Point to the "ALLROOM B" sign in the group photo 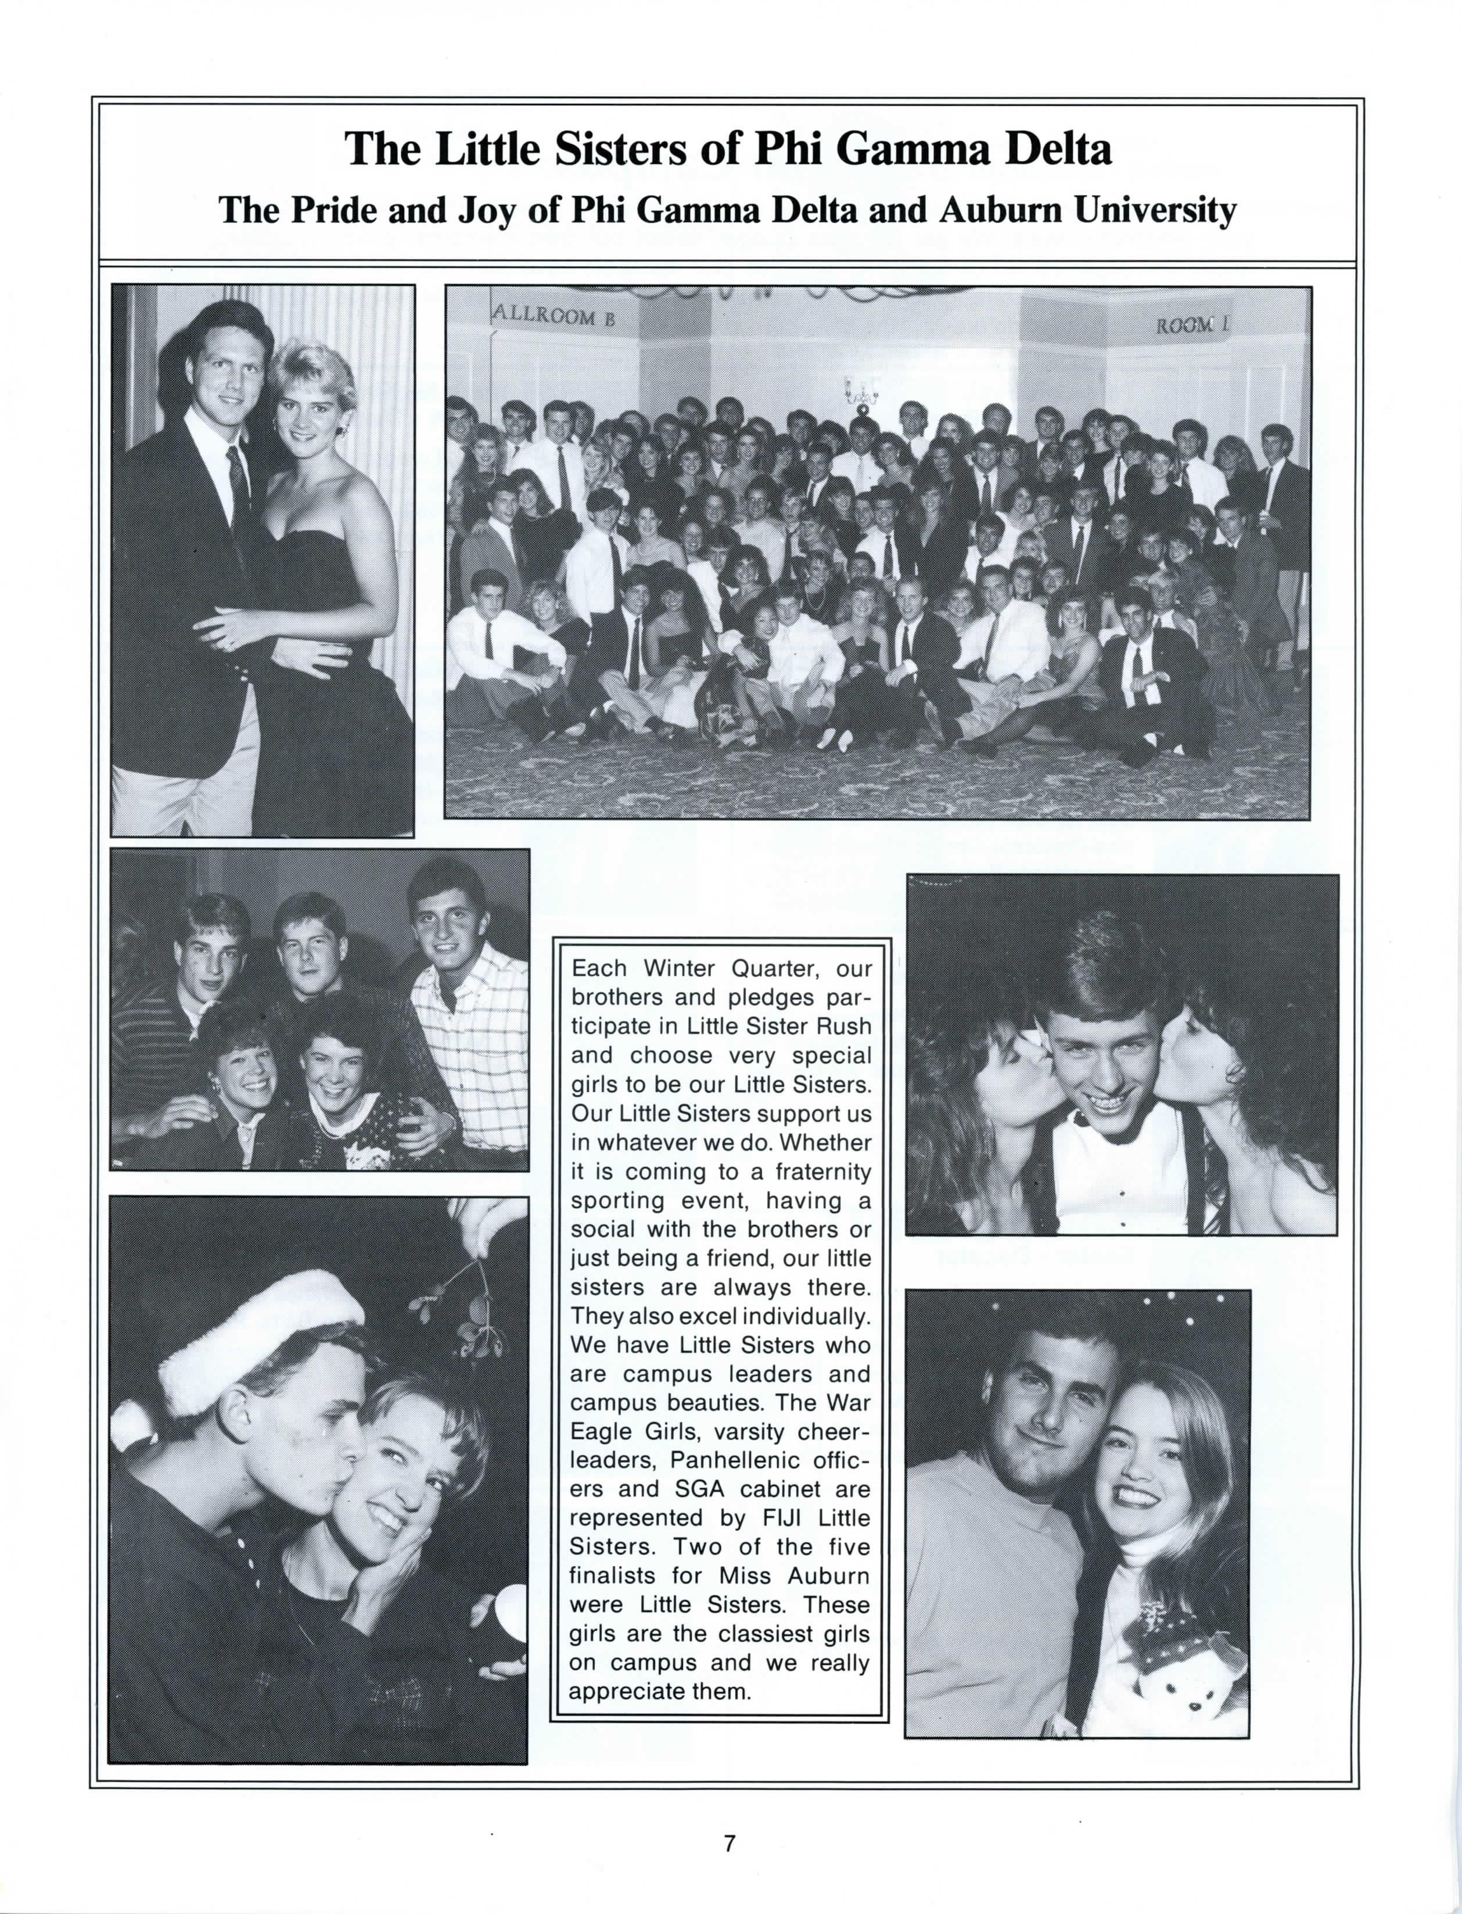[x=554, y=314]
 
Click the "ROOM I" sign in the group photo [x=1191, y=325]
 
